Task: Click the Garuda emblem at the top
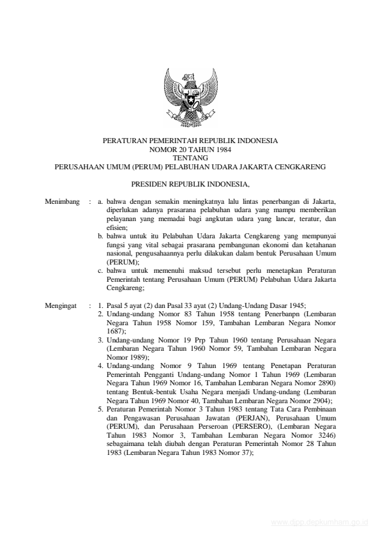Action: tap(190, 96)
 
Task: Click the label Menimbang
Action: tap(62, 202)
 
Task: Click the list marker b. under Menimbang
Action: tap(102, 236)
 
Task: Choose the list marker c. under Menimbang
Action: tap(102, 271)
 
